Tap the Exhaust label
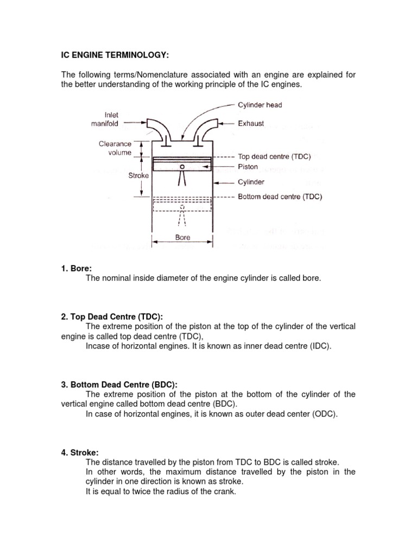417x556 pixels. pyautogui.click(x=251, y=123)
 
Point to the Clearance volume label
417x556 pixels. pyautogui.click(x=115, y=148)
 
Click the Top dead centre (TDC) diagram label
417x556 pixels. pyautogui.click(x=274, y=156)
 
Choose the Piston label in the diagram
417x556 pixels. pyautogui.click(x=248, y=167)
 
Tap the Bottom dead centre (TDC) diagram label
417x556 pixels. pyautogui.click(x=280, y=197)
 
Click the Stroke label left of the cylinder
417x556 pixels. pyautogui.click(x=138, y=176)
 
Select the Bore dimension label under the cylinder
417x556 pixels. pyautogui.click(x=182, y=237)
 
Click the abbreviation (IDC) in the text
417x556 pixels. pyautogui.click(x=319, y=346)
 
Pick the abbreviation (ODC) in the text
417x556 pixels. pyautogui.click(x=325, y=414)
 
